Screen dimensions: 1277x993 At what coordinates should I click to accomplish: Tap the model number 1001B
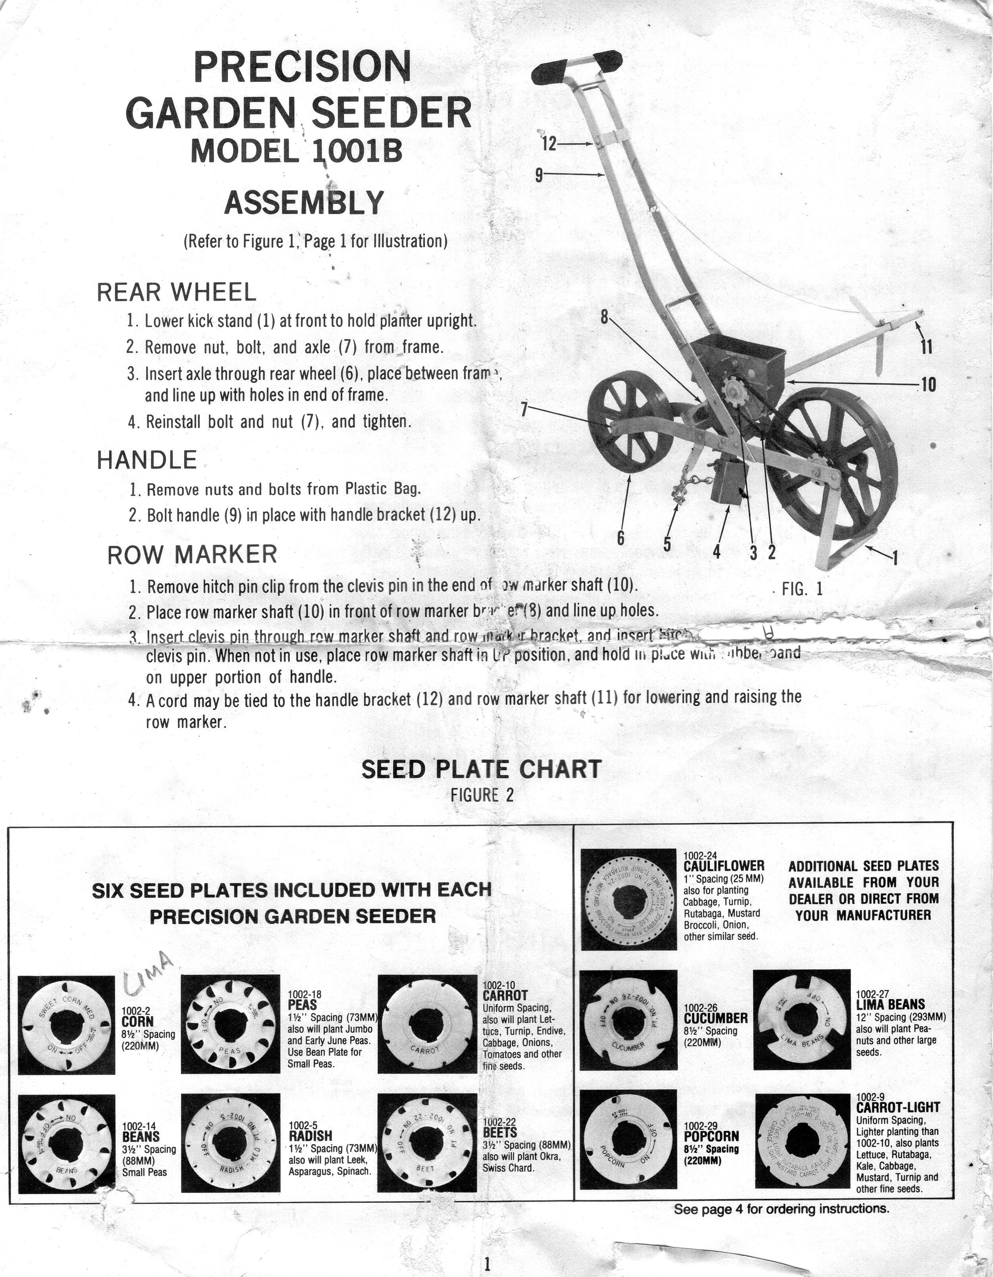358,151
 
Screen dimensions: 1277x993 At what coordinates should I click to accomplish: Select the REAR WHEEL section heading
176,292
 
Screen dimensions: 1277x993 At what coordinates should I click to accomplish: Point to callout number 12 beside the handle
549,143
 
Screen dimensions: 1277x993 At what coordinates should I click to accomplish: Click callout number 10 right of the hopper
927,384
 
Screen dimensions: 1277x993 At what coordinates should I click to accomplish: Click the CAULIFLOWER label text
723,865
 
